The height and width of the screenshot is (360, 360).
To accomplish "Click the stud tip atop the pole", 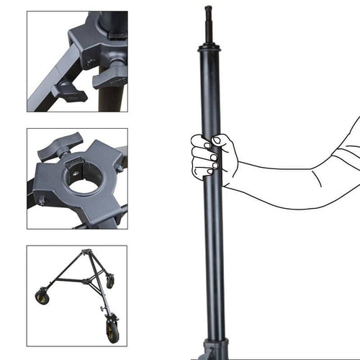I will [x=209, y=11].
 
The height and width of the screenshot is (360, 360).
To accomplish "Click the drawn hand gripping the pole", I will [x=210, y=155].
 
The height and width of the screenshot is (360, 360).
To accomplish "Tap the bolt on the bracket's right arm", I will [x=119, y=168].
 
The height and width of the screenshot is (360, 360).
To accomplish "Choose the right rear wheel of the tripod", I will [x=110, y=283].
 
